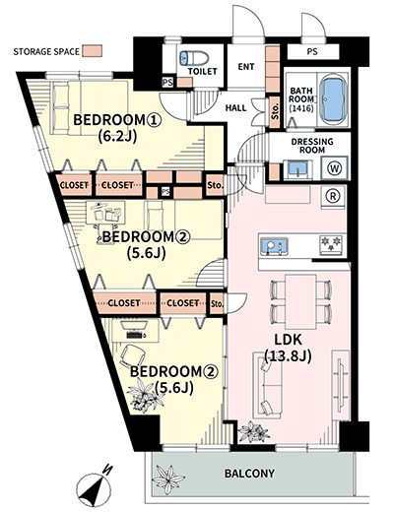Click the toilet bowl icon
pyautogui.click(x=194, y=58)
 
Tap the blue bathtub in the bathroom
pyautogui.click(x=333, y=98)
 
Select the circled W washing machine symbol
pyautogui.click(x=335, y=168)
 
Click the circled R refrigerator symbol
pyautogui.click(x=333, y=196)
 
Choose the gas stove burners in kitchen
pyautogui.click(x=331, y=245)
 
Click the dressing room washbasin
pyautogui.click(x=297, y=169)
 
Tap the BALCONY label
pyautogui.click(x=249, y=474)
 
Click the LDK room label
pyautogui.click(x=288, y=340)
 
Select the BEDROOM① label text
pyautogui.click(x=117, y=120)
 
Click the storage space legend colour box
pyautogui.click(x=92, y=51)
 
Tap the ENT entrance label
pyautogui.click(x=246, y=67)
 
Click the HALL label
pyautogui.click(x=235, y=108)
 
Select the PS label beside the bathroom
pyautogui.click(x=312, y=51)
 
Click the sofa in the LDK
pyautogui.click(x=267, y=385)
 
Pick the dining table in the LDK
pyautogui.click(x=300, y=301)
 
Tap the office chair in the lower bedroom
pyautogui.click(x=133, y=356)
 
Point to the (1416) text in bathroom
pyautogui.click(x=301, y=108)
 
